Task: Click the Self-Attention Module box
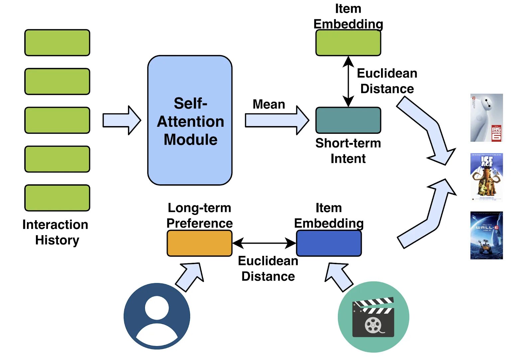pos(190,120)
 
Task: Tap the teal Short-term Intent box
pos(348,120)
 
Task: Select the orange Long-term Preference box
pos(199,243)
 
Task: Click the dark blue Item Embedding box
pos(329,243)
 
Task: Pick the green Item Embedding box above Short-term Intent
pos(348,43)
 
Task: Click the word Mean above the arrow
pos(269,104)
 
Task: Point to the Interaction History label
pos(56,232)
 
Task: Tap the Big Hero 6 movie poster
pos(486,118)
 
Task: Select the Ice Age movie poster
pos(486,177)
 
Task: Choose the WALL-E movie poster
pos(486,235)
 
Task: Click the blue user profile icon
pos(157,316)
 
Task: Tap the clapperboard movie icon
pos(373,317)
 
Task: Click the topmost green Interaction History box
pos(57,43)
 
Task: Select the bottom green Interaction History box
pos(57,198)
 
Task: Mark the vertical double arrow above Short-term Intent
pos(348,81)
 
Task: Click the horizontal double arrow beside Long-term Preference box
pos(264,243)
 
